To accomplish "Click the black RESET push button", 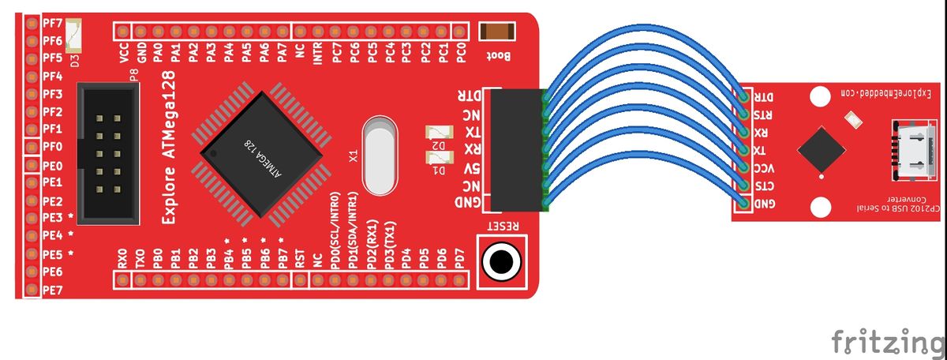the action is pyautogui.click(x=502, y=262).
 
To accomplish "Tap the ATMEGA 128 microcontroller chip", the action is pyautogui.click(x=261, y=154).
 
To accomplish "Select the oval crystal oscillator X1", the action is pyautogui.click(x=380, y=156).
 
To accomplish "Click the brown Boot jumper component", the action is pyautogui.click(x=496, y=32).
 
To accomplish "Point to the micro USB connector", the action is pyautogui.click(x=912, y=150).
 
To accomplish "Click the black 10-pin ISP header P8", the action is pyautogui.click(x=108, y=154).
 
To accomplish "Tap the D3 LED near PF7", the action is pyautogui.click(x=73, y=36).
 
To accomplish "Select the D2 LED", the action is pyautogui.click(x=440, y=133).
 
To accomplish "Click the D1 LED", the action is pyautogui.click(x=440, y=158).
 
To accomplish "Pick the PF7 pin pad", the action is pyautogui.click(x=32, y=23).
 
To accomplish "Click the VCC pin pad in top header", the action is pyautogui.click(x=123, y=32).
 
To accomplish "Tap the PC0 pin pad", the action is pyautogui.click(x=459, y=32).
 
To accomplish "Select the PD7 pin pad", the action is pyautogui.click(x=459, y=279).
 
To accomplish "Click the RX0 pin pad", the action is pyautogui.click(x=123, y=279).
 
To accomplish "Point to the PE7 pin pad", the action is pyautogui.click(x=32, y=290).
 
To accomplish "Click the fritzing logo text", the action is pyautogui.click(x=889, y=342).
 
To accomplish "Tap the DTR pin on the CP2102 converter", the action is pyautogui.click(x=744, y=97).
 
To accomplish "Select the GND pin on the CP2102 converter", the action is pyautogui.click(x=744, y=204).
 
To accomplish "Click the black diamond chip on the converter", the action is pyautogui.click(x=821, y=150).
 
